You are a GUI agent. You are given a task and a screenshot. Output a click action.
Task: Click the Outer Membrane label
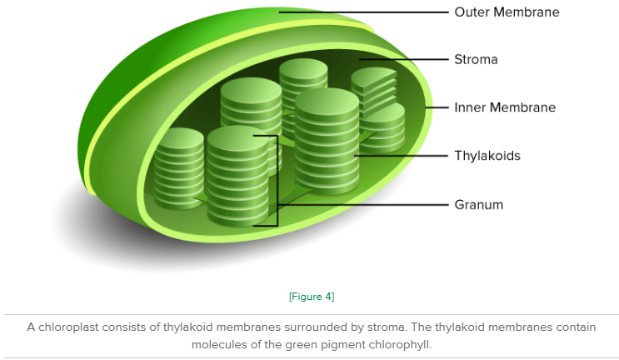507,12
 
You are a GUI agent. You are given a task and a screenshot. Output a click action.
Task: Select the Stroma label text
476,60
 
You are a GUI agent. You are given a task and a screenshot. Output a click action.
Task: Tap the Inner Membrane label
505,107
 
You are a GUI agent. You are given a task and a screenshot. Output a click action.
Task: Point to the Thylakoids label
487,156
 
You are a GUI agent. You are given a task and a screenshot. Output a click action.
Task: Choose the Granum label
478,204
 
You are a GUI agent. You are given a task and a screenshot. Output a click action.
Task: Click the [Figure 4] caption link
312,297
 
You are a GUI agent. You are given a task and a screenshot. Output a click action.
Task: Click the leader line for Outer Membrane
363,12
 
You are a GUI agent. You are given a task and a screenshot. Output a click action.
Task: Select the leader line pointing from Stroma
404,60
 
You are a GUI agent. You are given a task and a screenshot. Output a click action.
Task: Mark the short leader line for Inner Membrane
437,107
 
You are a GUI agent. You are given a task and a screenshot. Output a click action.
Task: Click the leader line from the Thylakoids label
401,156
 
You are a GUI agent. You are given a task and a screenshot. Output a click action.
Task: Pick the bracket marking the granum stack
277,181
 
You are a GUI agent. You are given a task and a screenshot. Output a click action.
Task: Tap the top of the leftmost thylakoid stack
179,138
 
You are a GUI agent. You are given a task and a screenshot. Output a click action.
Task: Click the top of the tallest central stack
327,101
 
